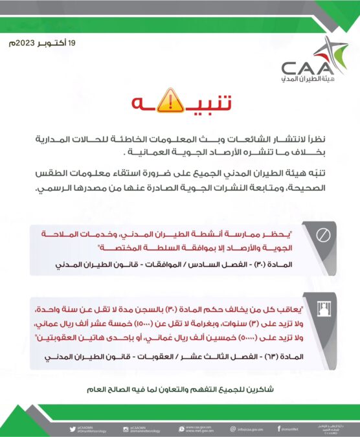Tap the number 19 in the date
[72, 43]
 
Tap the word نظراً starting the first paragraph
[318, 140]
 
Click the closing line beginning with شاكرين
[181, 389]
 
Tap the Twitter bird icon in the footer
[72, 428]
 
